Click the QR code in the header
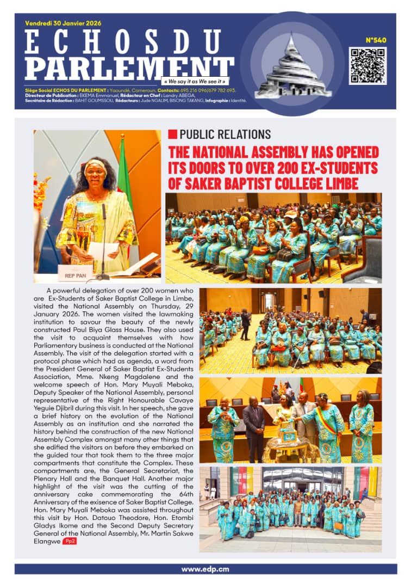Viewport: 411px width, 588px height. pos(368,65)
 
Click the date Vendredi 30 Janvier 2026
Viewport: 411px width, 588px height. pos(63,23)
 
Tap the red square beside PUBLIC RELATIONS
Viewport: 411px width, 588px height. pos(172,134)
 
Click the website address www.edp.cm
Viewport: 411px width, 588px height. pos(205,569)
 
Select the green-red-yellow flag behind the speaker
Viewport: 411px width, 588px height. pos(124,174)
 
